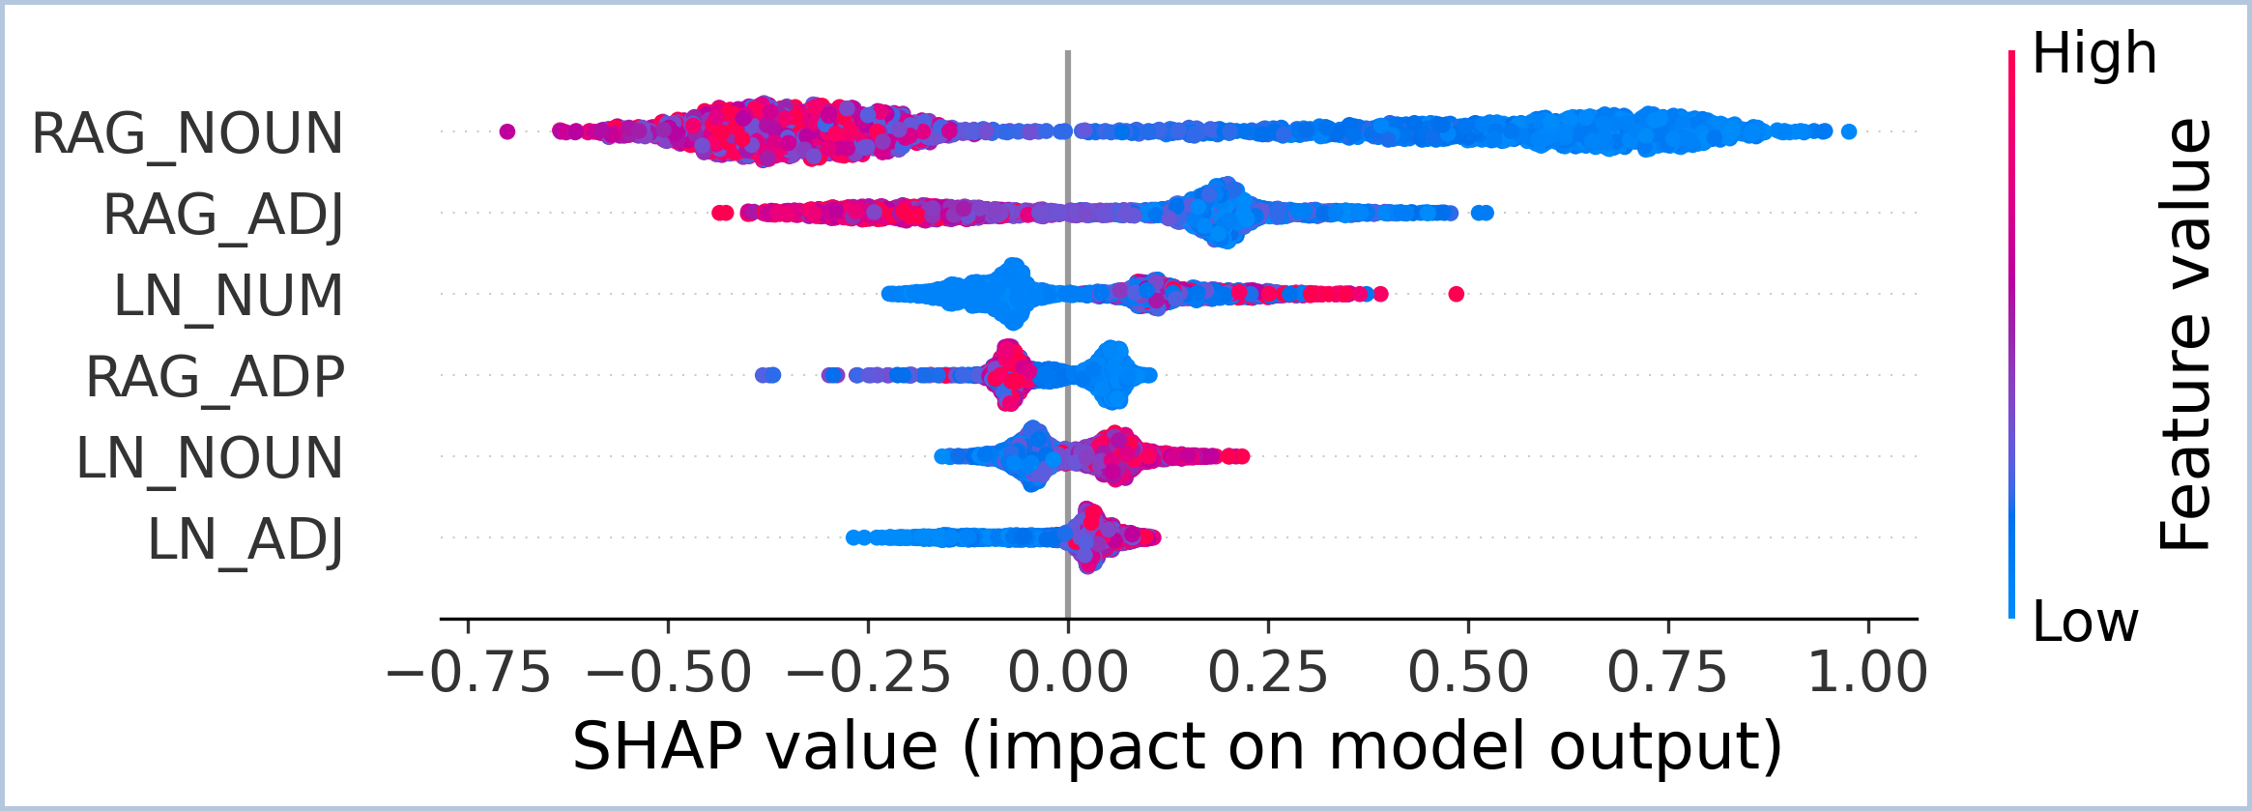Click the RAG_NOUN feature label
tap(188, 133)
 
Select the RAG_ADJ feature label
tap(223, 215)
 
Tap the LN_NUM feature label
tap(228, 296)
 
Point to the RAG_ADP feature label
tap(215, 377)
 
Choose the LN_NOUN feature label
tap(209, 458)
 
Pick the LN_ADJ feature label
tap(245, 539)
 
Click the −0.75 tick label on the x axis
tap(468, 673)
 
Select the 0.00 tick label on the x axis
tap(1068, 673)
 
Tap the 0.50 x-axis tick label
tap(1467, 673)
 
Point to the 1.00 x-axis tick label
tap(1867, 673)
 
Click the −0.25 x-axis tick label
tap(868, 673)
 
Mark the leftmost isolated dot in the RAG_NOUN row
tap(507, 131)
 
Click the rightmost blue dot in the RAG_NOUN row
tap(1849, 131)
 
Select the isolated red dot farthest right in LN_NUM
tap(1457, 294)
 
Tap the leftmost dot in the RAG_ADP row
tap(762, 375)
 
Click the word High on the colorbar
tap(2093, 53)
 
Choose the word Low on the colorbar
tap(2085, 622)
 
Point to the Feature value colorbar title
tap(2184, 334)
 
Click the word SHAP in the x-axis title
tap(657, 746)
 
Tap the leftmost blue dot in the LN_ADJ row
tap(852, 537)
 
